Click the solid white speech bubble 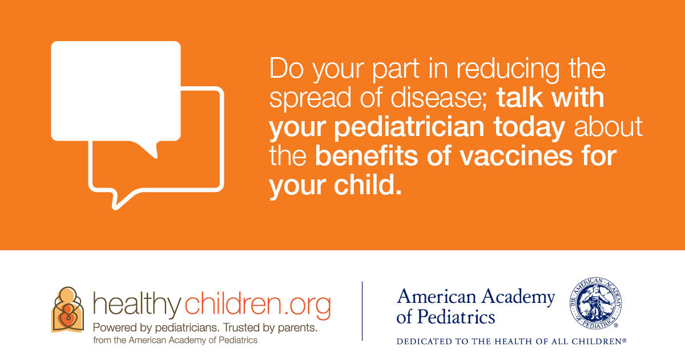pos(115,92)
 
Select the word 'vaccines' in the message pos(516,156)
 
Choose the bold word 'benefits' pos(366,155)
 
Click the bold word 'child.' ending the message pos(368,185)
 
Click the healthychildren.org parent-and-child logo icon pos(67,310)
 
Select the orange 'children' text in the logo pos(233,303)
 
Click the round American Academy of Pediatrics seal pos(595,303)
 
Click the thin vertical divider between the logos pos(362,311)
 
